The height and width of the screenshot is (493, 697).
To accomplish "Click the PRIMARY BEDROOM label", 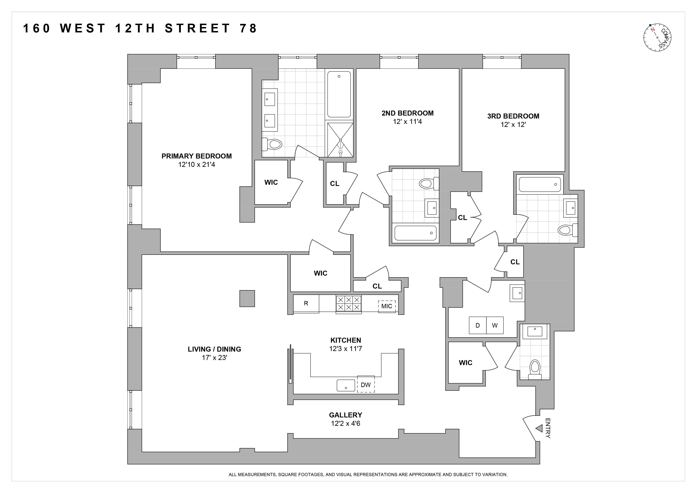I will [197, 156].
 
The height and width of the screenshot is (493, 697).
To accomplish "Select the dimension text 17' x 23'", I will [214, 358].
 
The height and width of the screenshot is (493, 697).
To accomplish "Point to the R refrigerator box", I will [306, 303].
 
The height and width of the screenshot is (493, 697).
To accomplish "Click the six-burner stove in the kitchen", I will [348, 303].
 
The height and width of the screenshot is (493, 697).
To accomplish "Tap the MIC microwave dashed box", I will [387, 306].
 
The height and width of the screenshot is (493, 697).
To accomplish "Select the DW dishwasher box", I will [366, 385].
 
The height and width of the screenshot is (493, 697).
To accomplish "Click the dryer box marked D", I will [477, 326].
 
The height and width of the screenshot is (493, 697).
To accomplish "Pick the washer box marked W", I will [495, 326].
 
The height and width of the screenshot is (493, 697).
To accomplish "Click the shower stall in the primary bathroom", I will [340, 140].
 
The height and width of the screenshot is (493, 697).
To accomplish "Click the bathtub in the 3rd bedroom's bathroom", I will [540, 184].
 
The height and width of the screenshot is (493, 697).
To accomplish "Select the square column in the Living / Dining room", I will [247, 299].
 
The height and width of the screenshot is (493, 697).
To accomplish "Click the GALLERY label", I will [346, 415].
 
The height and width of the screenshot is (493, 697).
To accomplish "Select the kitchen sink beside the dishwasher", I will [346, 385].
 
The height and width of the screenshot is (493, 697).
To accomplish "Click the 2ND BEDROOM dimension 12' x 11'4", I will [407, 122].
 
